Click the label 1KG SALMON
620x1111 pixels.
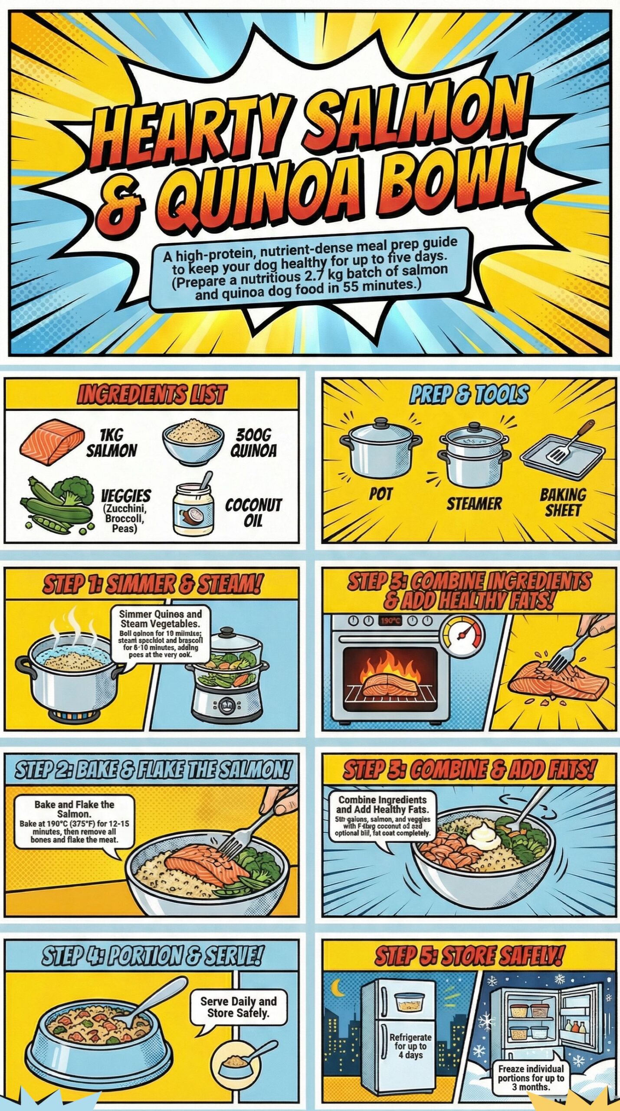click(x=112, y=443)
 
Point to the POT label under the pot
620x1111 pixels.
click(x=381, y=494)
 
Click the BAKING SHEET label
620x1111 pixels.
click(x=563, y=502)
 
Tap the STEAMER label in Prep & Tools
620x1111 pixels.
click(x=474, y=504)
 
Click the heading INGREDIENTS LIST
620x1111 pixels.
click(x=151, y=394)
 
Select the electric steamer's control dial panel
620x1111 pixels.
click(x=226, y=706)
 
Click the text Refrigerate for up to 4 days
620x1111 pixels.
click(x=410, y=1046)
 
